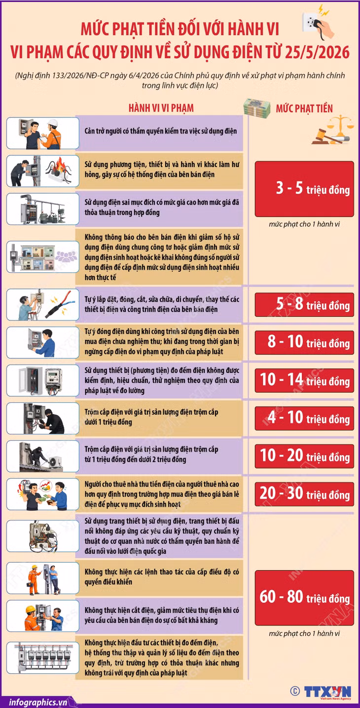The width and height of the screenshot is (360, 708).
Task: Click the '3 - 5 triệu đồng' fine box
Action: (x=304, y=189)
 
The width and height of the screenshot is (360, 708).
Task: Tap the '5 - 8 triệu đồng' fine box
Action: (x=304, y=305)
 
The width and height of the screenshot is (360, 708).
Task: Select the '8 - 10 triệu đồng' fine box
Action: (x=304, y=342)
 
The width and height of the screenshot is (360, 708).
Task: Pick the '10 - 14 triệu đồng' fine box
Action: (x=304, y=380)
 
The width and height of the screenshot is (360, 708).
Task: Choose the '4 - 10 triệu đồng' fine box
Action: (x=304, y=418)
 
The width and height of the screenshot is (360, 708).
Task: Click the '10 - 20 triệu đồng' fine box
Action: (x=304, y=456)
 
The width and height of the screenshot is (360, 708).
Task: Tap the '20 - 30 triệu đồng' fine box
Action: (x=304, y=494)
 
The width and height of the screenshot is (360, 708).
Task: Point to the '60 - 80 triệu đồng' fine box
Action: (x=304, y=598)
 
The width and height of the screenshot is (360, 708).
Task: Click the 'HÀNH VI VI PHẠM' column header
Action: (x=161, y=108)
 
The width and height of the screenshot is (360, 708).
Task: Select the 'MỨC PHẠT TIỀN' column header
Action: (x=304, y=108)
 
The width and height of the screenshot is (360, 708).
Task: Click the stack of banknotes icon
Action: (x=257, y=108)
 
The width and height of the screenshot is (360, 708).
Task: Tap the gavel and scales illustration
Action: (x=332, y=130)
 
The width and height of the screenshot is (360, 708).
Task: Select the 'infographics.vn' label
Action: (x=38, y=702)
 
